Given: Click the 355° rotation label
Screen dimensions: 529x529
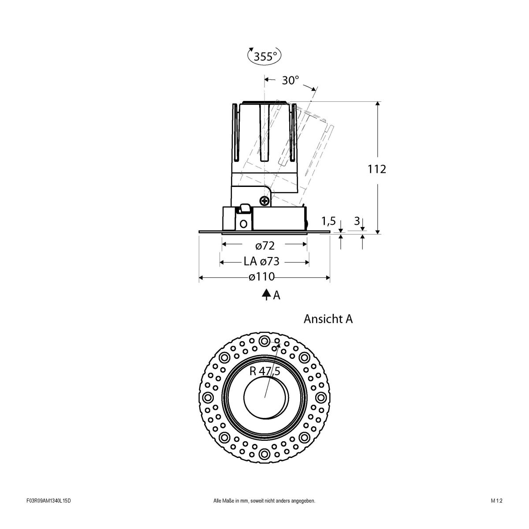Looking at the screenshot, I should pyautogui.click(x=264, y=56).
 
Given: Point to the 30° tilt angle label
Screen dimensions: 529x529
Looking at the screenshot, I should pyautogui.click(x=291, y=80).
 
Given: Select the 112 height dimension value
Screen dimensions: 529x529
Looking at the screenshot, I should pyautogui.click(x=377, y=169).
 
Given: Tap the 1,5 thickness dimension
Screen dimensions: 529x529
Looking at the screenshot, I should pyautogui.click(x=329, y=220).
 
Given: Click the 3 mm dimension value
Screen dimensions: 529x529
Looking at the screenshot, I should pyautogui.click(x=357, y=220).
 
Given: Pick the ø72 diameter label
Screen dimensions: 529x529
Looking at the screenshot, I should pyautogui.click(x=264, y=245).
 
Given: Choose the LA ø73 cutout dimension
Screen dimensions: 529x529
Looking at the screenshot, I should pyautogui.click(x=262, y=261).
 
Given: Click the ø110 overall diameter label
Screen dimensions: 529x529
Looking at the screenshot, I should pyautogui.click(x=261, y=277).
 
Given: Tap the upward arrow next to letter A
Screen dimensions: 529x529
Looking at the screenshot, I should pyautogui.click(x=266, y=295).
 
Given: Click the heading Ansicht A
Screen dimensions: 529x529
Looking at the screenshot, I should pyautogui.click(x=328, y=319).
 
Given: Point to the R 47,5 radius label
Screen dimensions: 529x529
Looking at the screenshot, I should pyautogui.click(x=264, y=371).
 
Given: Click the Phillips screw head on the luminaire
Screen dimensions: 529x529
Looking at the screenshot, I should pyautogui.click(x=265, y=201).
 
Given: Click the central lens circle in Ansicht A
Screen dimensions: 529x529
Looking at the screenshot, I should pyautogui.click(x=264, y=397).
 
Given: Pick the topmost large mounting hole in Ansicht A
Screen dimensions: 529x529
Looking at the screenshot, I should pyautogui.click(x=264, y=341).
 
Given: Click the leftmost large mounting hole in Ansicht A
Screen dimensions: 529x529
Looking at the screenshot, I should pyautogui.click(x=208, y=397).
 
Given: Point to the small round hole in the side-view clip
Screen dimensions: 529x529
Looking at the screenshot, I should pyautogui.click(x=243, y=224).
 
